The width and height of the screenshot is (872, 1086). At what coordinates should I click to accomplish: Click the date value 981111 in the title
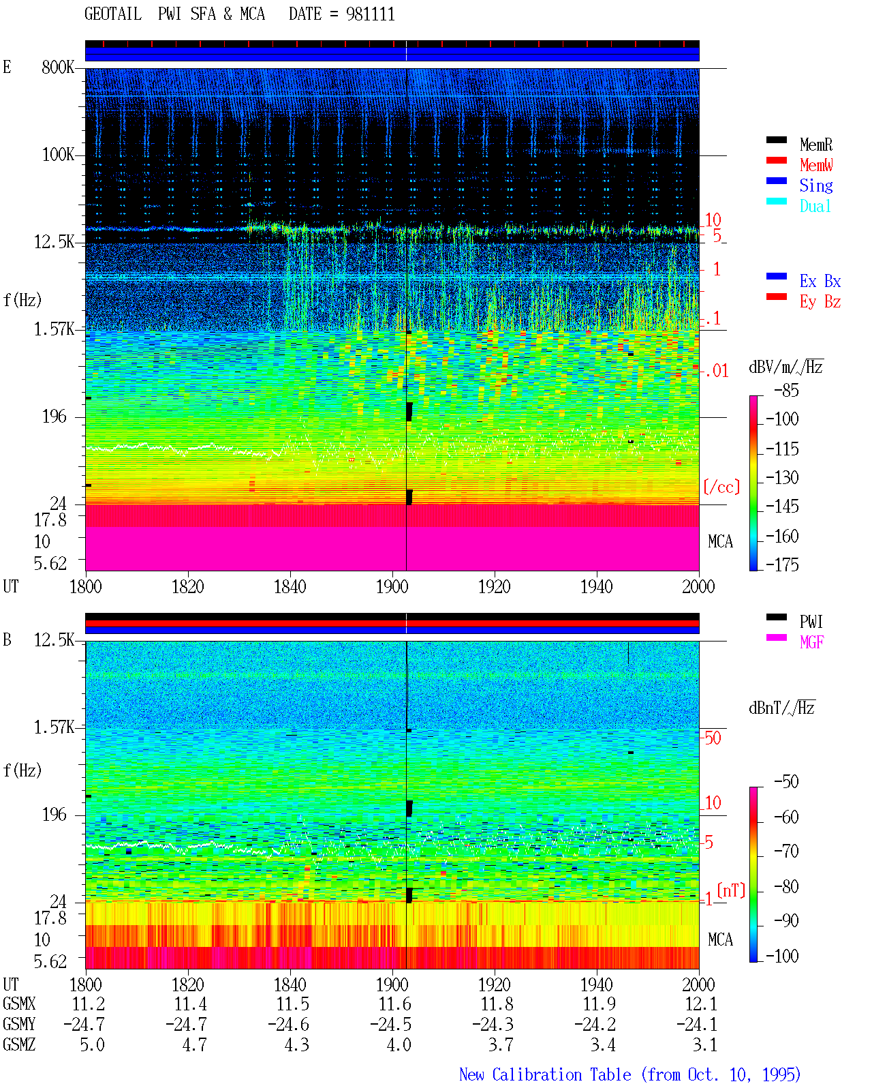(370, 14)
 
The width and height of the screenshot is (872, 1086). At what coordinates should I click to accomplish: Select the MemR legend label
(815, 145)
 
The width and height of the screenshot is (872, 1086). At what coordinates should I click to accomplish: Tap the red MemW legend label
(816, 165)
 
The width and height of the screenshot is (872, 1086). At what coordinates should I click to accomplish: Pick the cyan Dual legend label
(815, 206)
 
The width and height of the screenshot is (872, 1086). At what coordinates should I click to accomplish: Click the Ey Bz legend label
(820, 301)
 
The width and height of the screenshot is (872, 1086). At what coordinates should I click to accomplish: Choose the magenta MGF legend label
(811, 642)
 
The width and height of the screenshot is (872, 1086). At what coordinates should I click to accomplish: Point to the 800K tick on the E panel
(57, 67)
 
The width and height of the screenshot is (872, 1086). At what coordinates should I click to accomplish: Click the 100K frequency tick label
(58, 155)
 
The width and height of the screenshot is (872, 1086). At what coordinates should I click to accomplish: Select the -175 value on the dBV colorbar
(782, 564)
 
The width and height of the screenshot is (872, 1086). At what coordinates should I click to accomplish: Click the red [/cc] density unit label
(721, 487)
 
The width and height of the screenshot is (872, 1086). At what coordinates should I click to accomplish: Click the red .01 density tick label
(717, 372)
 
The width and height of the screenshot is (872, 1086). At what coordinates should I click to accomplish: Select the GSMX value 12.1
(701, 1004)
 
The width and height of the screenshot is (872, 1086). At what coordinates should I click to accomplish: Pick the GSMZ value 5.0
(92, 1044)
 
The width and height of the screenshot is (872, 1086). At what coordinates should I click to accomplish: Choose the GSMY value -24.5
(390, 1024)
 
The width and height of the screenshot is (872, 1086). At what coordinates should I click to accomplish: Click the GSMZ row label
(19, 1044)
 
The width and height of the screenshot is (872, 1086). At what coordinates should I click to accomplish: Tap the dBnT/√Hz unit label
(781, 708)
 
